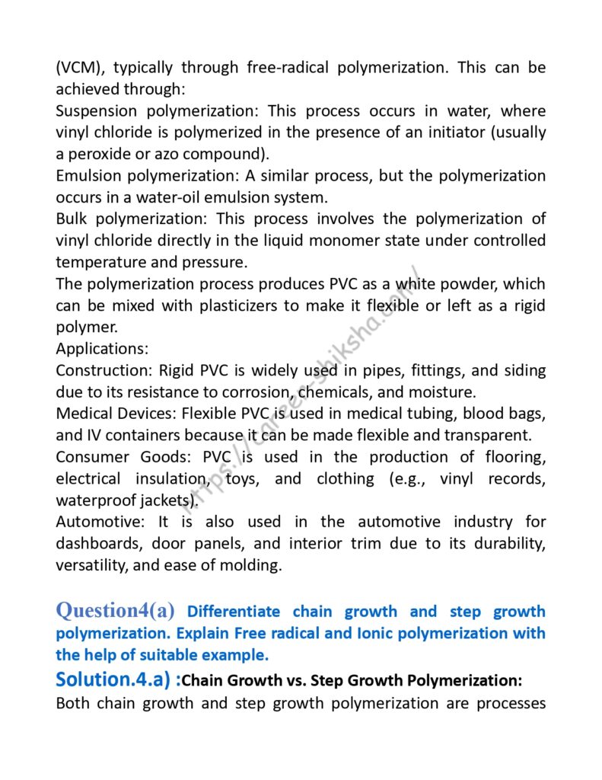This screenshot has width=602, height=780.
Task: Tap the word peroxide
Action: [103, 154]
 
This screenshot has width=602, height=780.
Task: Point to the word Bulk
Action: [72, 219]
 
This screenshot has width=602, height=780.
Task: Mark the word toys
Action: [241, 479]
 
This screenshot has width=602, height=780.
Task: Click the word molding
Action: [255, 565]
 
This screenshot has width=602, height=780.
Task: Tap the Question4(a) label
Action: [116, 610]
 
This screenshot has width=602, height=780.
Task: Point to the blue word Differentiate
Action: [234, 612]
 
